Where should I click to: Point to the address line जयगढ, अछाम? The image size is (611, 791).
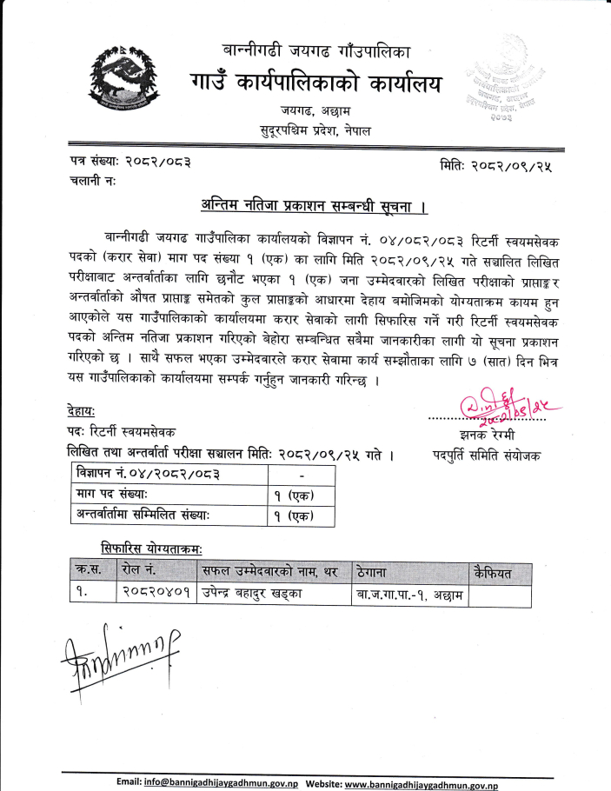pyautogui.click(x=315, y=112)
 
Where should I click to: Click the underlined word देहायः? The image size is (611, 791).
pyautogui.click(x=82, y=409)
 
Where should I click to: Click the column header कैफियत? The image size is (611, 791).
pyautogui.click(x=495, y=572)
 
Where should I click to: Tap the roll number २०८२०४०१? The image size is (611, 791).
pyautogui.click(x=154, y=594)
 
